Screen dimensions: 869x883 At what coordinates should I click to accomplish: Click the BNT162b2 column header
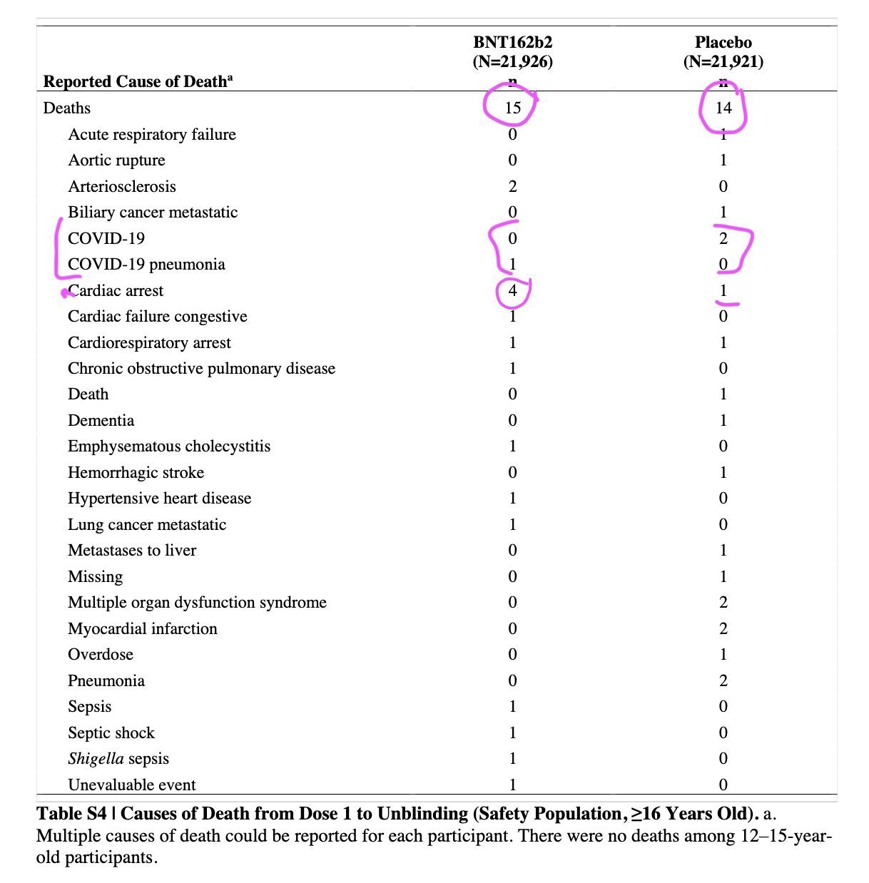[512, 42]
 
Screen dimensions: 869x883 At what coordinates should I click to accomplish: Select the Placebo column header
[723, 42]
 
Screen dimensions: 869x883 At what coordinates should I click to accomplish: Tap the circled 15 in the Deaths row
[513, 108]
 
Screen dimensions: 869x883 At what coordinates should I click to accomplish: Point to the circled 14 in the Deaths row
[723, 108]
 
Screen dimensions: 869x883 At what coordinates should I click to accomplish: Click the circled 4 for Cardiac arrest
[513, 290]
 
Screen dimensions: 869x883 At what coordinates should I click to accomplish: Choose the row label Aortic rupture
[116, 160]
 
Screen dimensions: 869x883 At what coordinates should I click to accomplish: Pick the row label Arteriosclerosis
[121, 186]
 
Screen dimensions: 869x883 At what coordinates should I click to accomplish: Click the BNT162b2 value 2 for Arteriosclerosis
[513, 186]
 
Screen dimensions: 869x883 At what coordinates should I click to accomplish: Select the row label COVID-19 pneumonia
[146, 265]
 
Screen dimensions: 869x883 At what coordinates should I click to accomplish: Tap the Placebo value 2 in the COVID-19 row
[723, 238]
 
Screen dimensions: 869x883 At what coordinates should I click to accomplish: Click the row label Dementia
[101, 420]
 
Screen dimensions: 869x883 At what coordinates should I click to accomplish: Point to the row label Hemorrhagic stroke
[136, 472]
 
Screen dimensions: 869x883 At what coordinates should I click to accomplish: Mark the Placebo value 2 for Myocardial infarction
[723, 628]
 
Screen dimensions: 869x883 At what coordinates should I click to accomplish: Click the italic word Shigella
[96, 759]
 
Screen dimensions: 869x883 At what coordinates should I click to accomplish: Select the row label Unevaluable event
[131, 785]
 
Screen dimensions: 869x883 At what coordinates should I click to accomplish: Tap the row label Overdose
[101, 654]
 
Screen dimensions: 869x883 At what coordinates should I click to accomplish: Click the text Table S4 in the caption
[71, 813]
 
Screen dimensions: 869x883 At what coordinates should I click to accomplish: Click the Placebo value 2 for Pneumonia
[723, 680]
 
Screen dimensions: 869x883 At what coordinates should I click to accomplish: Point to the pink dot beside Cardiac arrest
[65, 292]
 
